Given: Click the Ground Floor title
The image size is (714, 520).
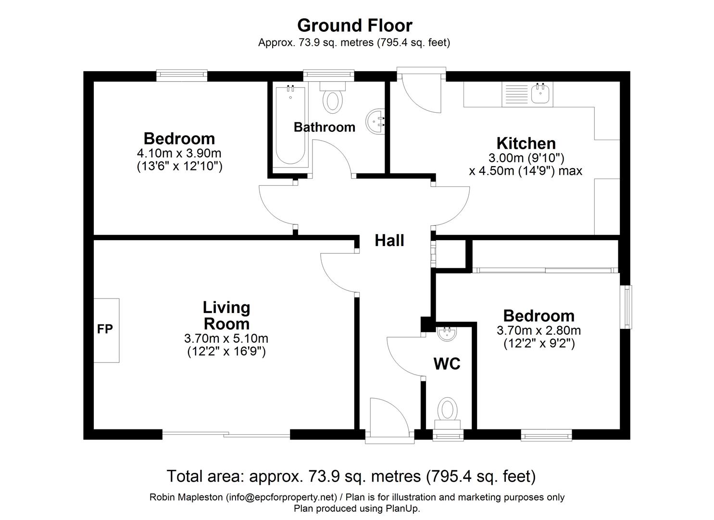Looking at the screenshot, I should point(354,25).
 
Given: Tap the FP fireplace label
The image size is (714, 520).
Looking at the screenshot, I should point(105,329).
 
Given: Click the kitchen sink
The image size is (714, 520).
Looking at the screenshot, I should point(541,94).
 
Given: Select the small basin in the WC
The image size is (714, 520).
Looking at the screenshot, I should point(447,334).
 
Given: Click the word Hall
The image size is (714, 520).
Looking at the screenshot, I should point(389,240).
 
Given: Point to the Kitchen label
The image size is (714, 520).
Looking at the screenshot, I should point(526,143).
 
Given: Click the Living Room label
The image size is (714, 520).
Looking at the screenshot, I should point(226,315).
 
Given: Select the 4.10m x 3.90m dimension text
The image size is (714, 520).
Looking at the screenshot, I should point(179,154).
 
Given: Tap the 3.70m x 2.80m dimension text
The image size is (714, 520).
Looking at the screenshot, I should point(539,330).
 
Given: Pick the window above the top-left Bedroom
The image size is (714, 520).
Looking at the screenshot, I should point(182,75).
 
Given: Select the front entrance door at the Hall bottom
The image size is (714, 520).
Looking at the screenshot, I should point(389,419).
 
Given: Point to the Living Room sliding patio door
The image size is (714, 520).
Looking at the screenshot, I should point(226,434).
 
